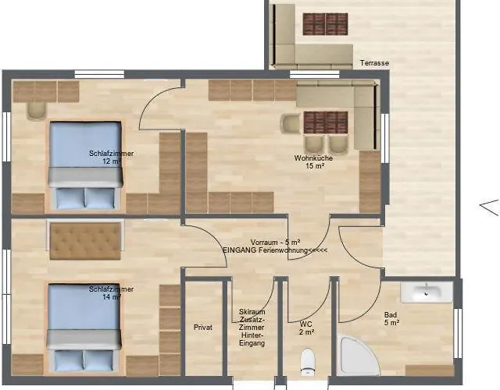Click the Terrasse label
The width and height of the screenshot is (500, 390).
click(x=375, y=63)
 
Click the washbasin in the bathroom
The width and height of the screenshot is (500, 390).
click(x=426, y=292)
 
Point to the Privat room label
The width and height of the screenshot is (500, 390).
click(x=203, y=328)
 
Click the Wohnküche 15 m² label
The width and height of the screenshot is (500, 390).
click(x=309, y=161)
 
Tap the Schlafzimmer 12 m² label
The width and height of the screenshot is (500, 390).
click(x=111, y=158)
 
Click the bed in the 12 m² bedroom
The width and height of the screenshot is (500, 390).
click(x=86, y=165)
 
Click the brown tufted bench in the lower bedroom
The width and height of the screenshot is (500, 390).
click(x=85, y=241)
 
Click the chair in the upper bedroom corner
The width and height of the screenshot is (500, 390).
click(x=37, y=109)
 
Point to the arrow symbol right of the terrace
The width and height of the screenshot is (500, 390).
click(x=488, y=207)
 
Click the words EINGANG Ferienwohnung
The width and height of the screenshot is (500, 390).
click(x=263, y=250)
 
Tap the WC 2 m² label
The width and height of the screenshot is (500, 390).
click(x=307, y=328)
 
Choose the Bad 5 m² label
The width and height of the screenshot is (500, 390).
click(x=391, y=318)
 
